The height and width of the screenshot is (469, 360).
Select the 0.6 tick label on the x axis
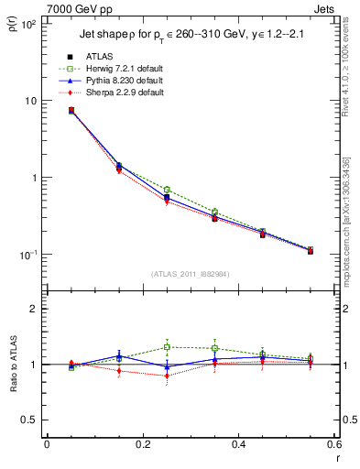tap(333, 445)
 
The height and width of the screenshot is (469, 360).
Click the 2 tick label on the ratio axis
tap(34, 310)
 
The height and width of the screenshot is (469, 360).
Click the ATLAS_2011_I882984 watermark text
tap(191, 273)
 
